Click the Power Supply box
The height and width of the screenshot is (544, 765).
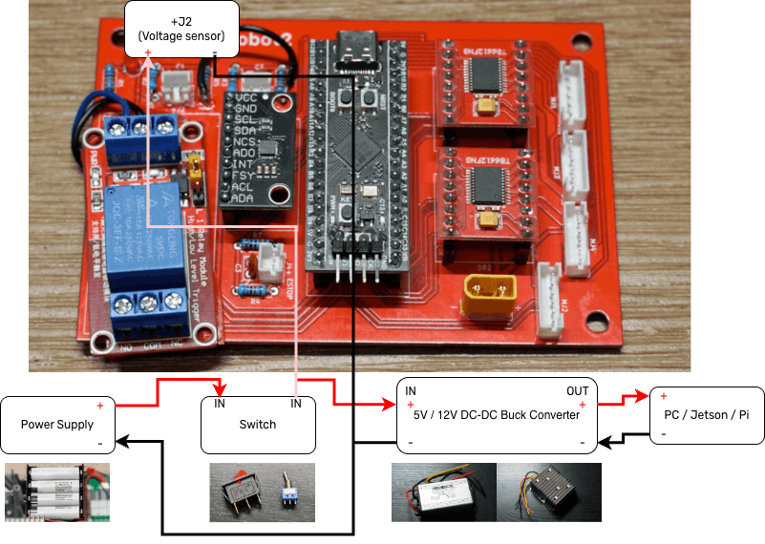pyautogui.click(x=57, y=425)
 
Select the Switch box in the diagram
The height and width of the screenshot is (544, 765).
pyautogui.click(x=258, y=424)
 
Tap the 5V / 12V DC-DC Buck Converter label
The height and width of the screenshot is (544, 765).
pyautogui.click(x=496, y=414)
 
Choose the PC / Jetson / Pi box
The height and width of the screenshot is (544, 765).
pyautogui.click(x=707, y=415)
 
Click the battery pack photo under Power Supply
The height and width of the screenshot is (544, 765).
pyautogui.click(x=56, y=492)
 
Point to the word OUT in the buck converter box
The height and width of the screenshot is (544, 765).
pyautogui.click(x=577, y=391)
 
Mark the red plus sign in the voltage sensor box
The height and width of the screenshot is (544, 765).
pyautogui.click(x=148, y=52)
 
